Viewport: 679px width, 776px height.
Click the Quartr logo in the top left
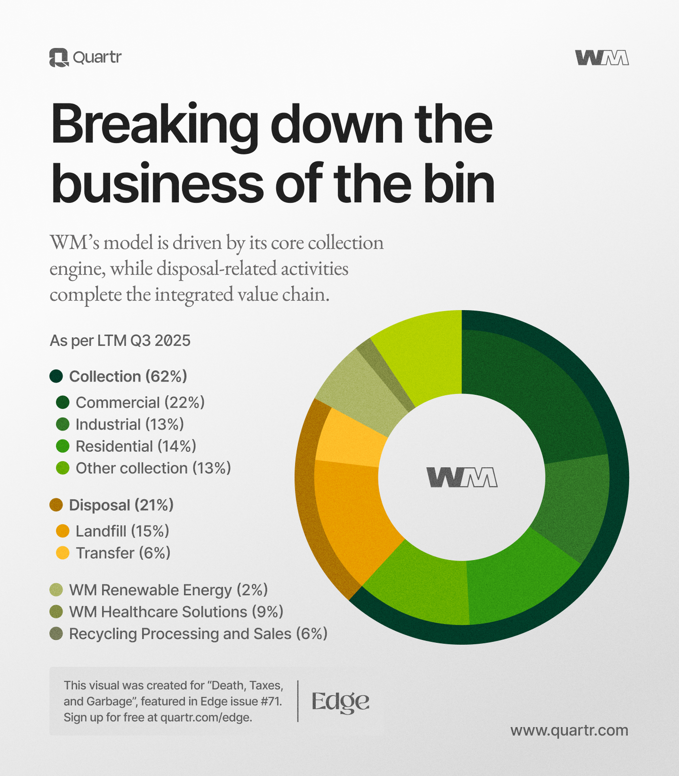85,58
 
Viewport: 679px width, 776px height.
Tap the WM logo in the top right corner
602,58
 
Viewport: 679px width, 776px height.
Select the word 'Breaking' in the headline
155,125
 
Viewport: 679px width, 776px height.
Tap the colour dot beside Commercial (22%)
63,402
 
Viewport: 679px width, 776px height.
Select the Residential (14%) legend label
136,446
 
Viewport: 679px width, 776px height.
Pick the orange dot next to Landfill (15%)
63,531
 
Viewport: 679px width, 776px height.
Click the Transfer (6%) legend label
123,553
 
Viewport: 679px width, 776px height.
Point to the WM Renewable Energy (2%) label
168,590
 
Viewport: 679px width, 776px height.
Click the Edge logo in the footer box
340,702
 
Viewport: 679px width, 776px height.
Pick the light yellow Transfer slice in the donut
350,438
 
